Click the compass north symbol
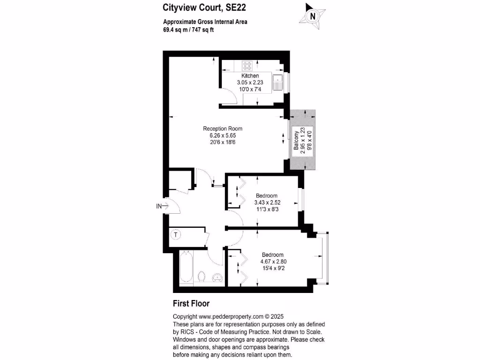(312, 15)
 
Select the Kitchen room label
(250, 76)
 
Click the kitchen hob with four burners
(247, 66)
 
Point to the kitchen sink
(278, 82)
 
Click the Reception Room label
(222, 129)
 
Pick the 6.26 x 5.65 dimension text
(222, 135)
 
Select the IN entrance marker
(159, 206)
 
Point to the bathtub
(186, 267)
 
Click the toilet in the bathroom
(202, 276)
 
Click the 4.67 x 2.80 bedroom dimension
(273, 262)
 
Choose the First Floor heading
(191, 303)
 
